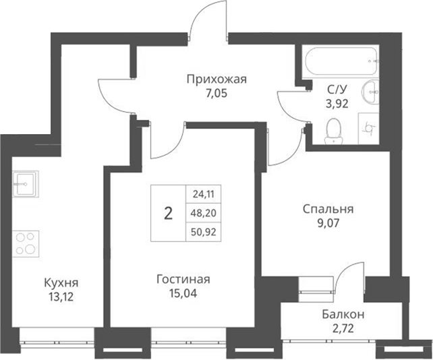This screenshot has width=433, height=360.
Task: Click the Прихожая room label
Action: click(x=217, y=80)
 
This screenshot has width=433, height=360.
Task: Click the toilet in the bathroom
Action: click(x=333, y=129)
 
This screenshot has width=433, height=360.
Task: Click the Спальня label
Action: click(x=328, y=209)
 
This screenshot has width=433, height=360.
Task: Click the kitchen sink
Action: click(x=26, y=182)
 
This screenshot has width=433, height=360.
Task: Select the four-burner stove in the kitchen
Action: click(x=26, y=243)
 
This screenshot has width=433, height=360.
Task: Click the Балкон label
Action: click(x=343, y=315)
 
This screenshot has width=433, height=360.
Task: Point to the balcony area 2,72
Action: click(x=343, y=329)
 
